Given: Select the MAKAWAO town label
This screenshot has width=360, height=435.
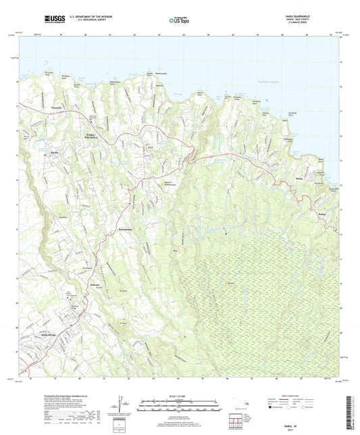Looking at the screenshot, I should tap(50, 333).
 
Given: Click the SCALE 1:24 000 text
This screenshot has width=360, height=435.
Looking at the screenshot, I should tap(180, 396).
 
